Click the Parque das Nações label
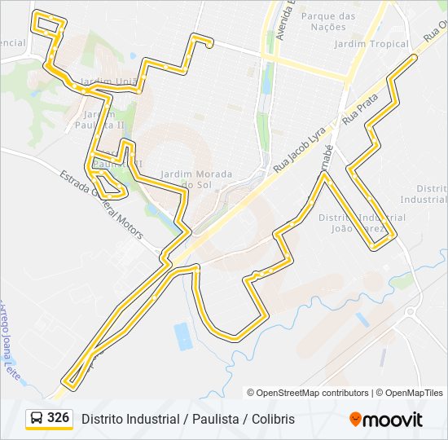tap(328, 21)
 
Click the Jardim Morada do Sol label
tap(196, 179)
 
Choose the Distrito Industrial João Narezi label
tap(362, 223)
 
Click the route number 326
tap(58, 418)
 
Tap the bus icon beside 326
tap(37, 419)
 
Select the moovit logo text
tap(393, 420)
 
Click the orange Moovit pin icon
tap(355, 420)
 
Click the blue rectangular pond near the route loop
tap(183, 336)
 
